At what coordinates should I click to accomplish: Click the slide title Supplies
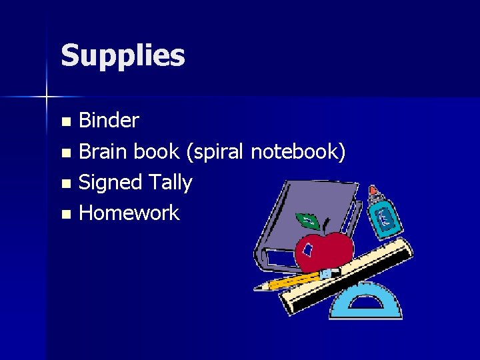point(123,56)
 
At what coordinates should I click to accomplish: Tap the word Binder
point(109,121)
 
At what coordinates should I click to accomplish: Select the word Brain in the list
point(103,152)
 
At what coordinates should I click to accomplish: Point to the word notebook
point(297,152)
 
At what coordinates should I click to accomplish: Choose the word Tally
point(170,183)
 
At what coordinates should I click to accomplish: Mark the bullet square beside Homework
point(65,215)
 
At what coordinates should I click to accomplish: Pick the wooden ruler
point(347,277)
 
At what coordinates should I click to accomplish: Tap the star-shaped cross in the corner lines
point(47,97)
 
